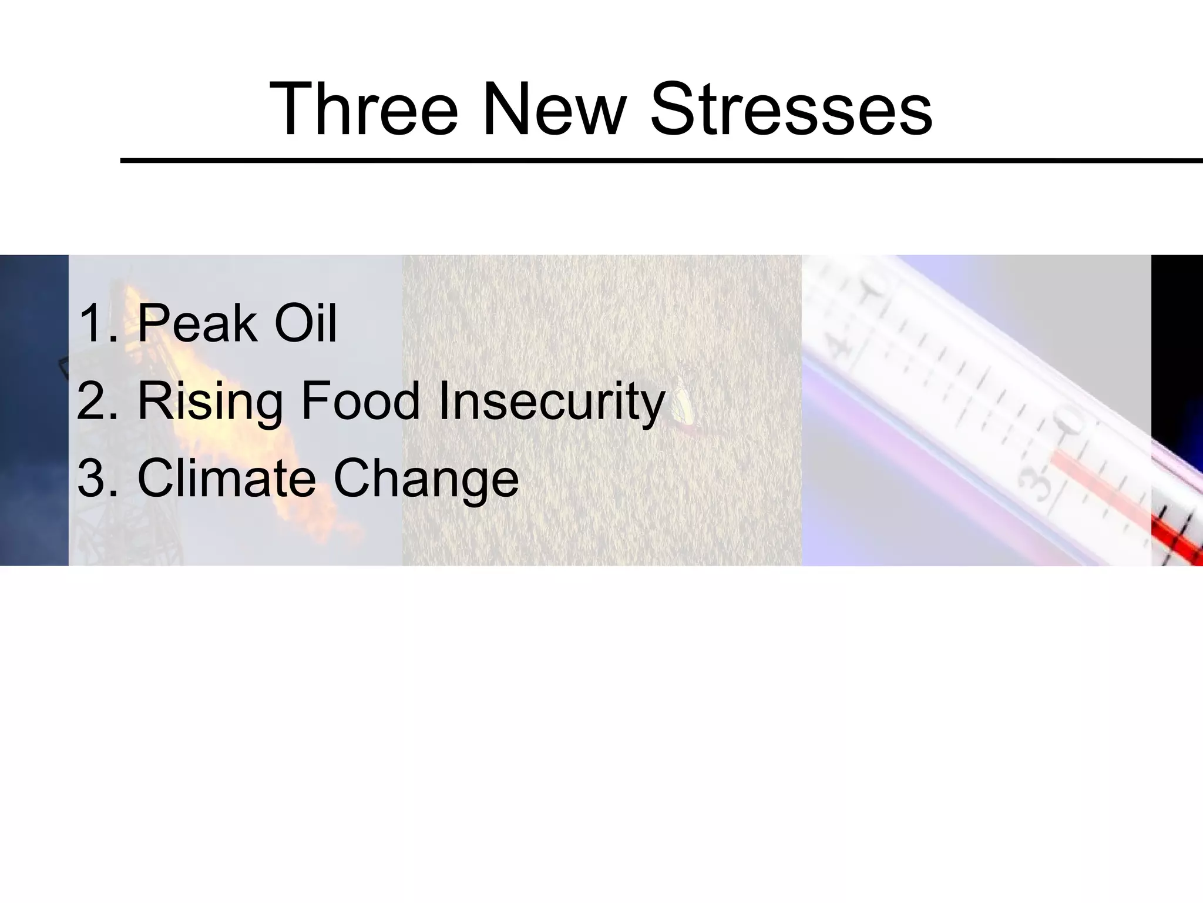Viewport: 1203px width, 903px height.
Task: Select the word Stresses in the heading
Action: pos(791,109)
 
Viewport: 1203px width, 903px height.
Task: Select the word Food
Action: pos(360,402)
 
